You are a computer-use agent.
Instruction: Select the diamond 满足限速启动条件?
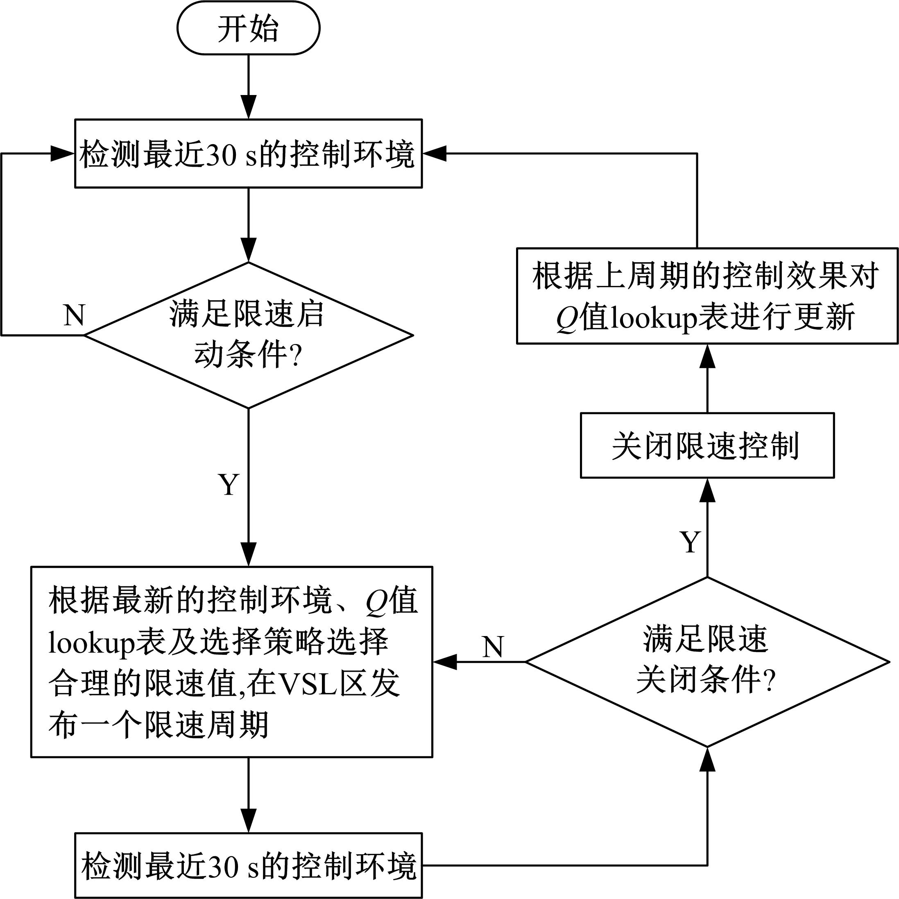point(248,335)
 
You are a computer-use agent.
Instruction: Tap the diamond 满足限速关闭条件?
point(707,662)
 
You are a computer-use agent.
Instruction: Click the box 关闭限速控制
point(707,446)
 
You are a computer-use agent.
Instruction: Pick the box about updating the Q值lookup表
point(707,297)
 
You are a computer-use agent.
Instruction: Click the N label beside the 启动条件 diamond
point(74,315)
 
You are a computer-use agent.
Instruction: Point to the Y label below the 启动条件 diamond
point(229,485)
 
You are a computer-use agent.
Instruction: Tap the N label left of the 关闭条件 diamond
point(493,646)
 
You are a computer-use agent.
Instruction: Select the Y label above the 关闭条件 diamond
point(690,541)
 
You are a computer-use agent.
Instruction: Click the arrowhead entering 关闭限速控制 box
point(707,490)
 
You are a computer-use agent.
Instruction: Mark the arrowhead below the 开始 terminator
point(249,107)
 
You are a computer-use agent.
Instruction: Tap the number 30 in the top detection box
point(221,155)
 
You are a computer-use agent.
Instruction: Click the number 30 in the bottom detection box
point(223,866)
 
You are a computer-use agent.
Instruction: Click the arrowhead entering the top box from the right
point(435,154)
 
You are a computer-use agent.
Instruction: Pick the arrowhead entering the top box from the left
point(62,154)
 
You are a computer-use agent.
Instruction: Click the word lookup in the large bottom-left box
point(91,643)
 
